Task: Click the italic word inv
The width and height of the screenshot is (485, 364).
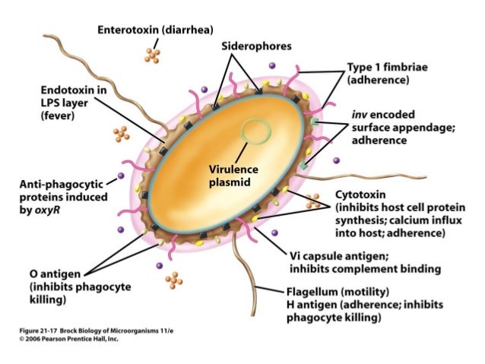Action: pos(359,114)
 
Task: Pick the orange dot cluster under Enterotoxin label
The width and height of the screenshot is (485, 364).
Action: pos(153,55)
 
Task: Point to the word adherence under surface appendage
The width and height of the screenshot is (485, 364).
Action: pos(380,140)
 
